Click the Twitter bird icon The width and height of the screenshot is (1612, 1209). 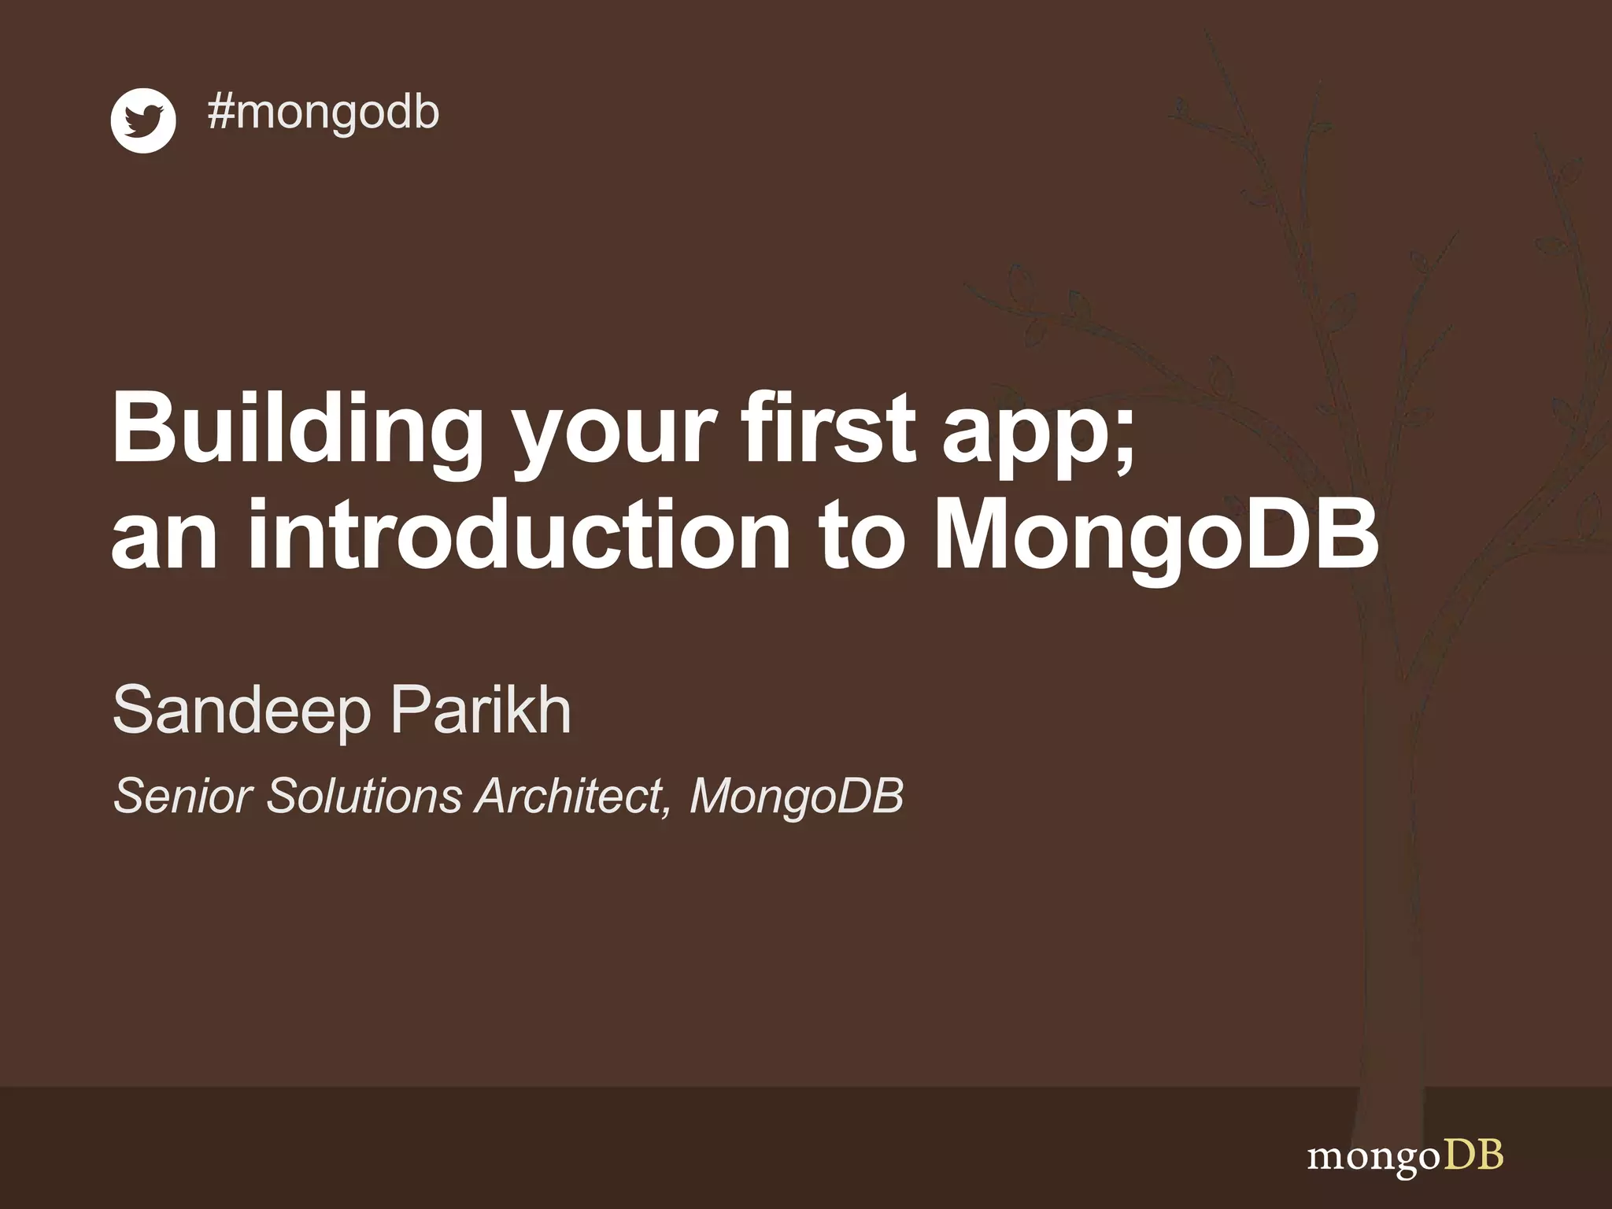pyautogui.click(x=142, y=120)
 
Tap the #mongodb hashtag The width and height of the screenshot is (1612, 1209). pyautogui.click(x=323, y=112)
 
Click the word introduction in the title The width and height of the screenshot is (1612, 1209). pyautogui.click(x=519, y=535)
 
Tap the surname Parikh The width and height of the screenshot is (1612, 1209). pyautogui.click(x=481, y=710)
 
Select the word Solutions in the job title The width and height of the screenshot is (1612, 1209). pyautogui.click(x=364, y=796)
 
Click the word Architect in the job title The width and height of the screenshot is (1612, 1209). pyautogui.click(x=571, y=796)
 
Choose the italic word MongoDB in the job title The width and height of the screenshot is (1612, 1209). pyautogui.click(x=797, y=797)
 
